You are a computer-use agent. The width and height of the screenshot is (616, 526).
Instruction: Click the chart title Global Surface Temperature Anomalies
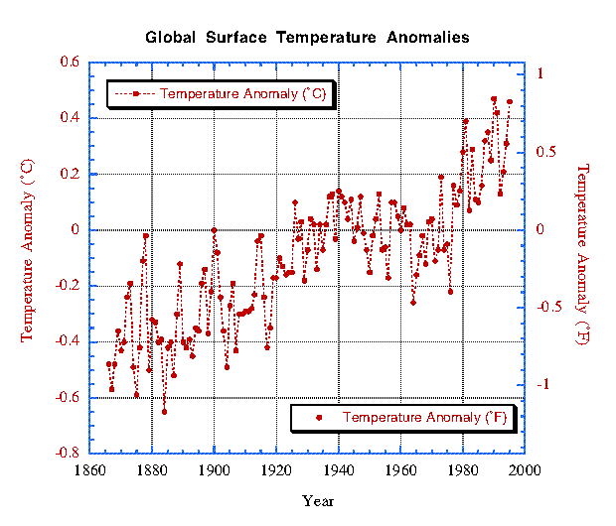(x=308, y=38)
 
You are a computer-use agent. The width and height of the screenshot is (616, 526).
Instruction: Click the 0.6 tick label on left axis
(x=71, y=63)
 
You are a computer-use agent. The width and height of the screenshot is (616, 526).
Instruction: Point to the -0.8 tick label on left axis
(x=68, y=453)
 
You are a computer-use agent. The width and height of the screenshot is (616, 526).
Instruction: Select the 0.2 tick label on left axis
(x=71, y=174)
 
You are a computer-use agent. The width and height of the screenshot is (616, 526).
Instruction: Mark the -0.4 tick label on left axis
(x=68, y=341)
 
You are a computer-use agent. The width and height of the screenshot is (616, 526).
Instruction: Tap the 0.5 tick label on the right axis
(x=545, y=152)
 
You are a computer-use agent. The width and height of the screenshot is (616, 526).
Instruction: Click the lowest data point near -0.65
(x=164, y=411)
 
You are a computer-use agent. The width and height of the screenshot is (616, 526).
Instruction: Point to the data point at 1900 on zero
(x=214, y=230)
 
